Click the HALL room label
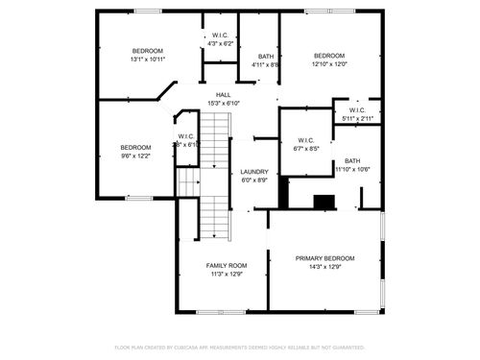pyautogui.click(x=223, y=94)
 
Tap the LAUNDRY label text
pyautogui.click(x=254, y=171)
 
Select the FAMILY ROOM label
pyautogui.click(x=227, y=265)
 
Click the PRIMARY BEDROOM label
pyautogui.click(x=324, y=258)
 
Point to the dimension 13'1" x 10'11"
pyautogui.click(x=147, y=60)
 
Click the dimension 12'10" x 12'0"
pyautogui.click(x=329, y=64)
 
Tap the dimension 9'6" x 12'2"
pyautogui.click(x=135, y=156)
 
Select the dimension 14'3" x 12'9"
pyautogui.click(x=324, y=267)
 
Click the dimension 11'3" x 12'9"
pyautogui.click(x=227, y=274)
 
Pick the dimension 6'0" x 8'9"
pyautogui.click(x=254, y=180)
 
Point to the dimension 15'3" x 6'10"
pyautogui.click(x=223, y=103)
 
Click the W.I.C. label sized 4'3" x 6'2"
pyautogui.click(x=219, y=35)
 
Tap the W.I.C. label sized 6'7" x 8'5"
pyautogui.click(x=306, y=140)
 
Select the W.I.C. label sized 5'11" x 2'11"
pyautogui.click(x=357, y=109)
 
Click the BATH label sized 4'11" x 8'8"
pyautogui.click(x=265, y=57)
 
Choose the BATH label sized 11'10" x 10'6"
pyautogui.click(x=352, y=160)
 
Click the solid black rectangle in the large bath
pyautogui.click(x=325, y=202)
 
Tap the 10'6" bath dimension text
pyautogui.click(x=363, y=169)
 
